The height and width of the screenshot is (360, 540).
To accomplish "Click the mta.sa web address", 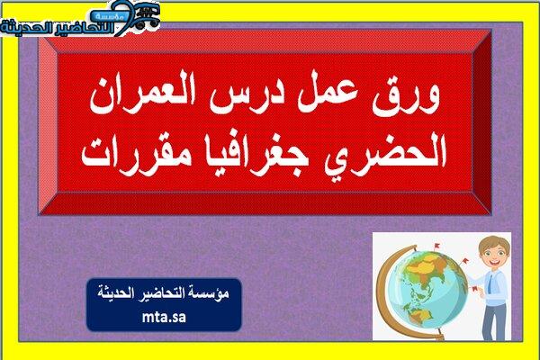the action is click(164, 317).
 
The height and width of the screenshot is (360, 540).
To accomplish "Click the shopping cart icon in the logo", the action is click(147, 15).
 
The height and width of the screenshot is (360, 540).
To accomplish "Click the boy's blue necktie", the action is click(490, 284).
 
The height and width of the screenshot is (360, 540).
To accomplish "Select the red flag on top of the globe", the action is click(436, 247).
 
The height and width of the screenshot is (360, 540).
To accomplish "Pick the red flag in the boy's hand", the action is click(475, 289).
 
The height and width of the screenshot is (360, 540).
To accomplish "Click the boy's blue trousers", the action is click(494, 322).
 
